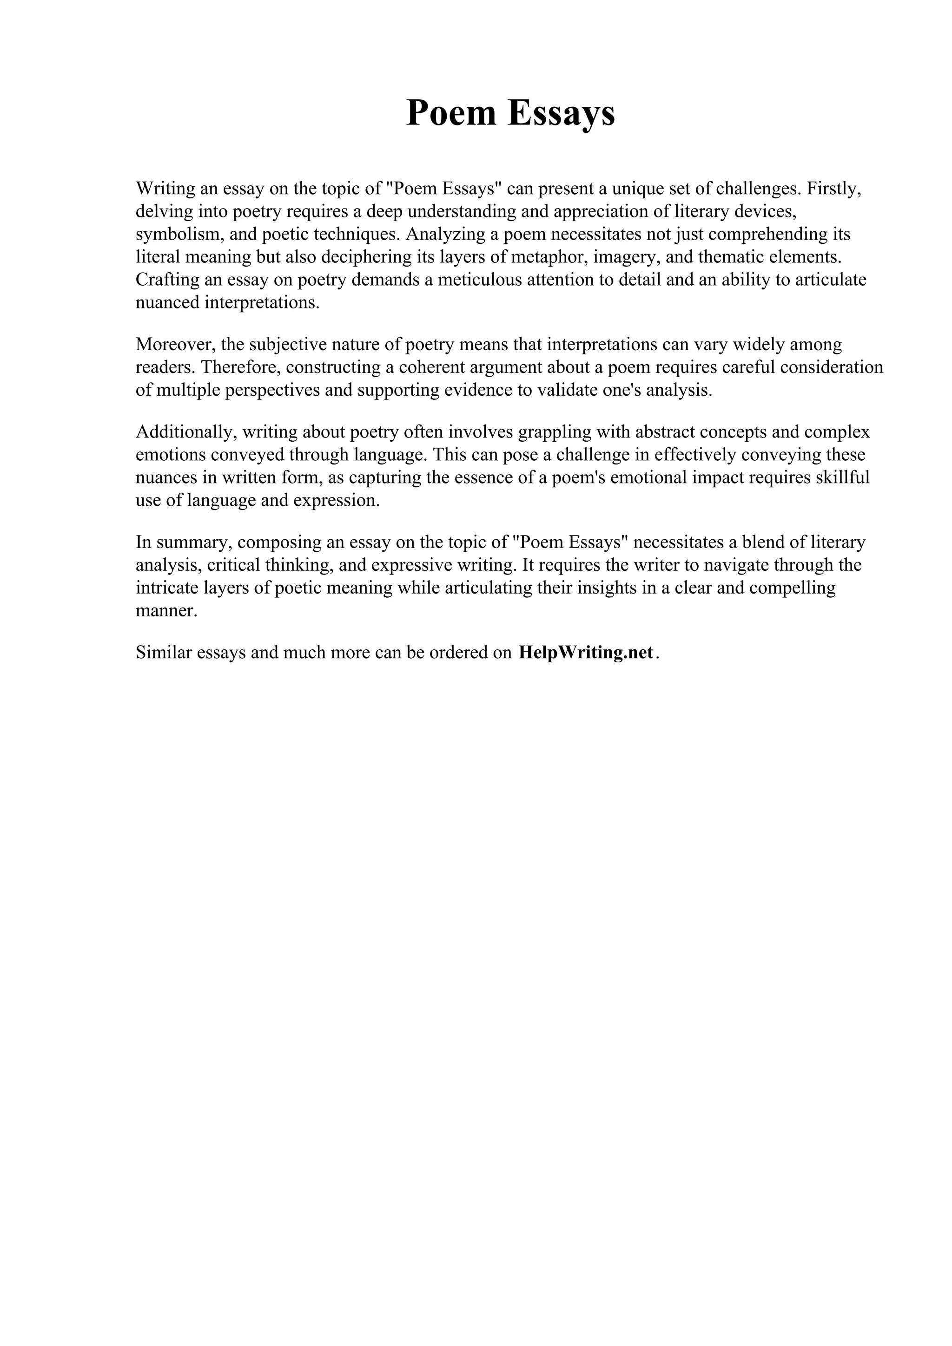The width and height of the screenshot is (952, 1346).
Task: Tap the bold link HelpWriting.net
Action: click(585, 653)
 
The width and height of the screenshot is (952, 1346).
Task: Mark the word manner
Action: click(165, 611)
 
